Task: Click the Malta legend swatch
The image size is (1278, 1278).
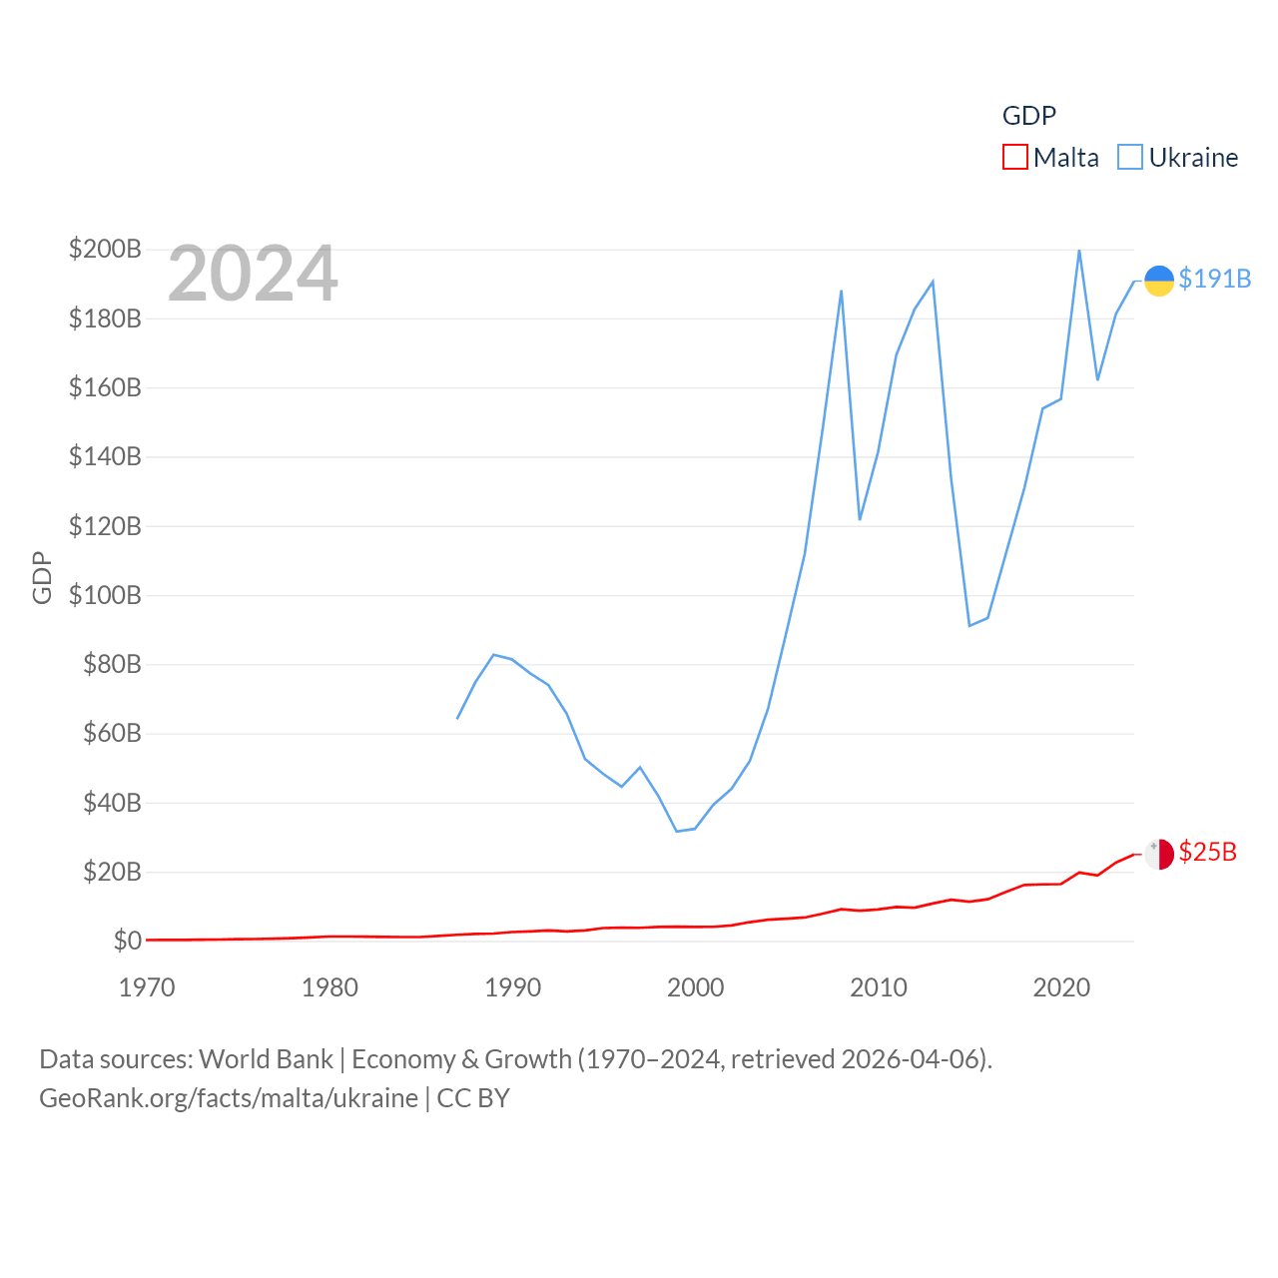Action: coord(1014,158)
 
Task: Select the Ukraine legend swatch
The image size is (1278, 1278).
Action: coord(1129,158)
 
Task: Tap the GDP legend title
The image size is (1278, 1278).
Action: coord(1028,116)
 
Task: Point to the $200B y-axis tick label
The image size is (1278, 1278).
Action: coord(105,249)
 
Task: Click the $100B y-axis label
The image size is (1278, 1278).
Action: coord(105,595)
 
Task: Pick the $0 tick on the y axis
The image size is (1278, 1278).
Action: coord(127,941)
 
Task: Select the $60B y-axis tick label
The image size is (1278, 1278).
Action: coord(112,733)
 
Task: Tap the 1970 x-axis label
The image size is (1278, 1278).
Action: coord(147,987)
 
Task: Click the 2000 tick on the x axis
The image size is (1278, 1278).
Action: coord(695,987)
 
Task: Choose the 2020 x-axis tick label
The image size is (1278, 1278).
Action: coord(1061,987)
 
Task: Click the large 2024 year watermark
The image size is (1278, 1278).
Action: coord(253,274)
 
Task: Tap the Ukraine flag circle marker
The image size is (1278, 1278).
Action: coord(1158,281)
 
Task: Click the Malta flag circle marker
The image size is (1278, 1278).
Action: coord(1158,855)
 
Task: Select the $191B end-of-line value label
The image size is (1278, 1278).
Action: coord(1214,279)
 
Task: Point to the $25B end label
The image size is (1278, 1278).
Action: coord(1207,852)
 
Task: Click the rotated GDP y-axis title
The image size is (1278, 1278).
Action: coord(42,577)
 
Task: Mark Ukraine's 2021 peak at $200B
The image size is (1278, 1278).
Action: coord(1079,251)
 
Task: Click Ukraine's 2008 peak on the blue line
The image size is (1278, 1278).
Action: coord(842,292)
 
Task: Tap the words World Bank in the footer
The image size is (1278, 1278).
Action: coord(266,1058)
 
